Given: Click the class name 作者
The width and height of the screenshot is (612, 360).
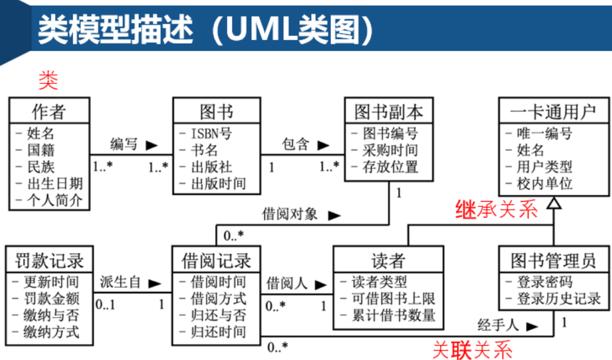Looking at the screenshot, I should click(x=49, y=112).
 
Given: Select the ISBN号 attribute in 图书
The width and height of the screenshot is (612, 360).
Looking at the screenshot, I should click(x=211, y=134).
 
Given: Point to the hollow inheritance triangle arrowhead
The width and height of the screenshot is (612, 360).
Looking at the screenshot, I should click(x=553, y=203).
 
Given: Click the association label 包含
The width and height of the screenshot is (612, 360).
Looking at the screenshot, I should click(x=296, y=144).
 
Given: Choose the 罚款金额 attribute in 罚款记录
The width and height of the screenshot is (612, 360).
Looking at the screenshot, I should click(x=51, y=299).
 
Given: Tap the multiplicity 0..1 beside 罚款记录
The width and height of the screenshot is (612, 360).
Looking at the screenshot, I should click(x=106, y=306).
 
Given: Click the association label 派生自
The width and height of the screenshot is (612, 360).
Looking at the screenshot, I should click(x=120, y=283).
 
